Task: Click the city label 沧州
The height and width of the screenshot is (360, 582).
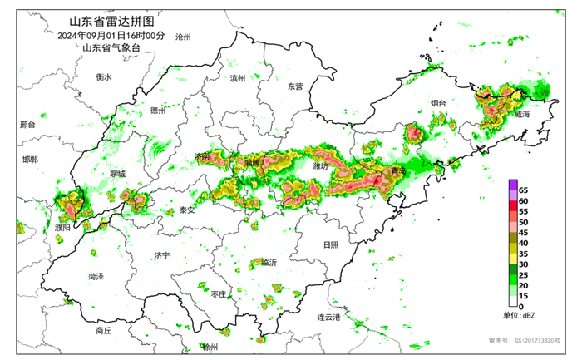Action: (x=185, y=37)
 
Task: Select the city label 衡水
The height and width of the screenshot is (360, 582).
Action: (x=103, y=76)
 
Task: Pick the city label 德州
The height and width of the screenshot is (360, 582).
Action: (x=159, y=111)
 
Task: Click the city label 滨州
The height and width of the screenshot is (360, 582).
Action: (x=239, y=78)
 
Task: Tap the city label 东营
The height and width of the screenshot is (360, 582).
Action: (x=295, y=86)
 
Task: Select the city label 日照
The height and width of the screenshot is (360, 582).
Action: (x=330, y=244)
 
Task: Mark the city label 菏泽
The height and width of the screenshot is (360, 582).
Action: (x=96, y=275)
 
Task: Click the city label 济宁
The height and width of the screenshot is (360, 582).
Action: (x=162, y=255)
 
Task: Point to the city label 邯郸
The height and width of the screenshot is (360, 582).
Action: (x=30, y=160)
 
